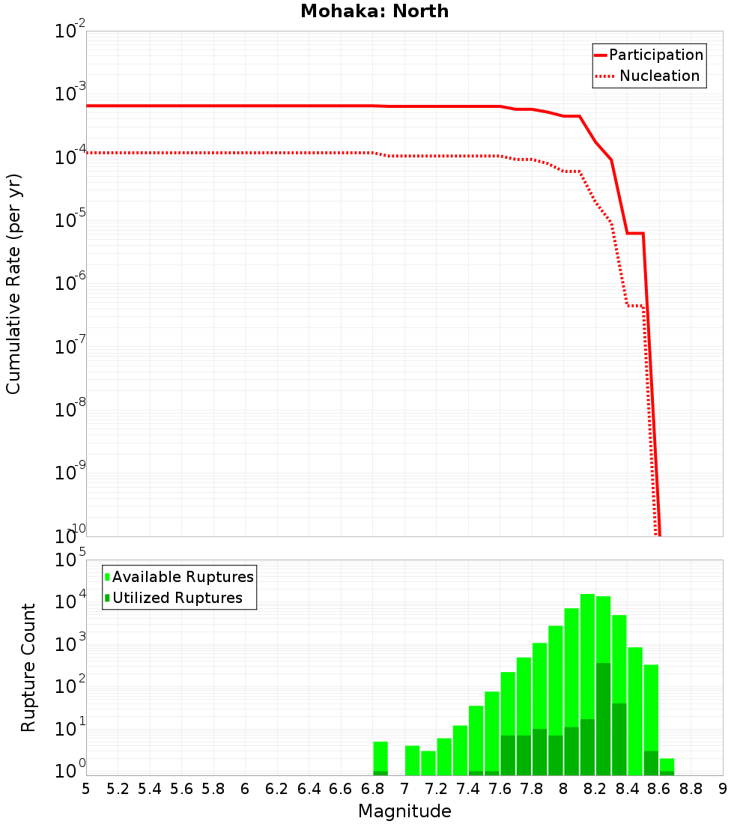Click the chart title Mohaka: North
tap(374, 11)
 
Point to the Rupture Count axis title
tap(28, 667)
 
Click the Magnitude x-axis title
tap(404, 811)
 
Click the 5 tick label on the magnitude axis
tap(86, 789)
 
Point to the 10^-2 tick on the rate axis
tap(70, 32)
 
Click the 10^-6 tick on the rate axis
tap(70, 284)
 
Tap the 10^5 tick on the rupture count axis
tap(70, 560)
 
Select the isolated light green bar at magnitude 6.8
tap(380, 757)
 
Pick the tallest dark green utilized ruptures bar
tap(603, 719)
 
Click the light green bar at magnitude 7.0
tap(412, 760)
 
